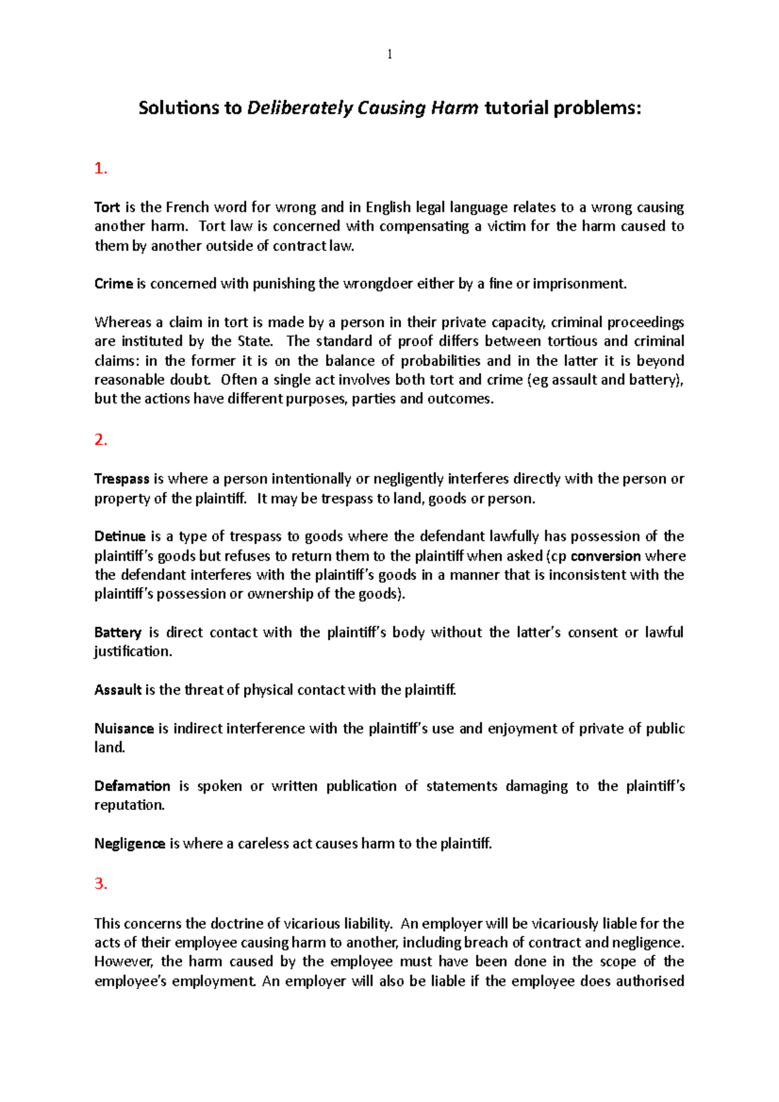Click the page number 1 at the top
(x=389, y=55)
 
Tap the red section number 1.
(x=100, y=169)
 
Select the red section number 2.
(x=100, y=440)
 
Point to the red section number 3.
(x=100, y=883)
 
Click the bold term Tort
(x=107, y=208)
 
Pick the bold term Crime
(x=114, y=284)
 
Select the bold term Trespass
(x=122, y=479)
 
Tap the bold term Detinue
(x=120, y=537)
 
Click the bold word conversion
(x=605, y=556)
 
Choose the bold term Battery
(x=118, y=633)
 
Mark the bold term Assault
(x=117, y=690)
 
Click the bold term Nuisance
(x=124, y=729)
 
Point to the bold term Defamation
(x=132, y=787)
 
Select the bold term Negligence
(x=130, y=844)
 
